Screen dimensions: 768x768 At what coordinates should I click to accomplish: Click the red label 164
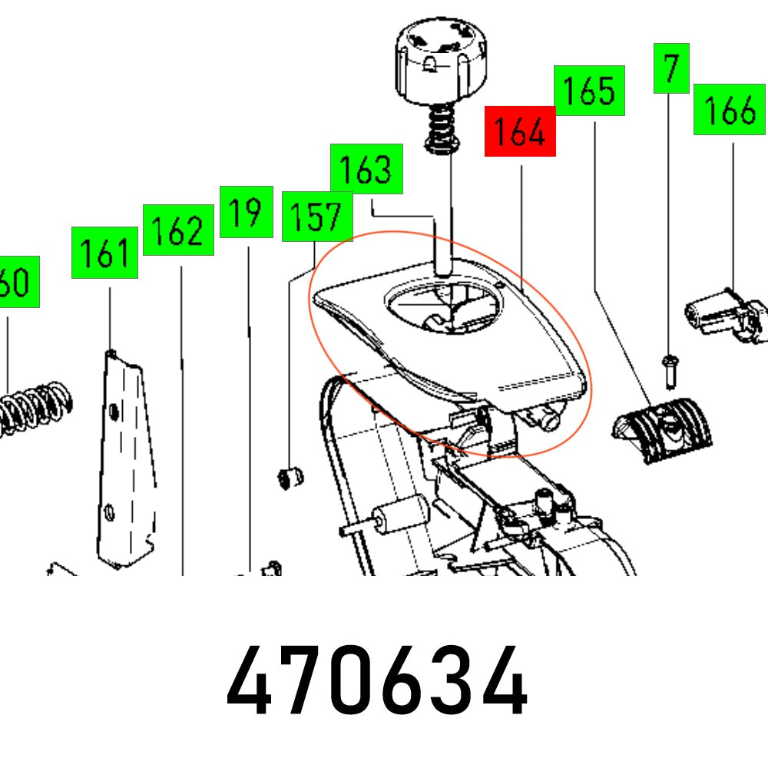click(x=520, y=133)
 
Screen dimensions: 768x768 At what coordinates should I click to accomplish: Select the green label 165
click(x=589, y=91)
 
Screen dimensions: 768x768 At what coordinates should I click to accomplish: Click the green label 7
click(x=671, y=69)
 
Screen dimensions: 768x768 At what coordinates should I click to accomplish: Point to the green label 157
click(x=317, y=217)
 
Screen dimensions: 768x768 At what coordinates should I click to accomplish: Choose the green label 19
click(x=246, y=211)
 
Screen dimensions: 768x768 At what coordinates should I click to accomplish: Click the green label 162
click(x=178, y=230)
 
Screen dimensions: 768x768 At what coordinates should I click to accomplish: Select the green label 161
click(x=104, y=253)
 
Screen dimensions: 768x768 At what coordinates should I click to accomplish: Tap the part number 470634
click(x=376, y=682)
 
